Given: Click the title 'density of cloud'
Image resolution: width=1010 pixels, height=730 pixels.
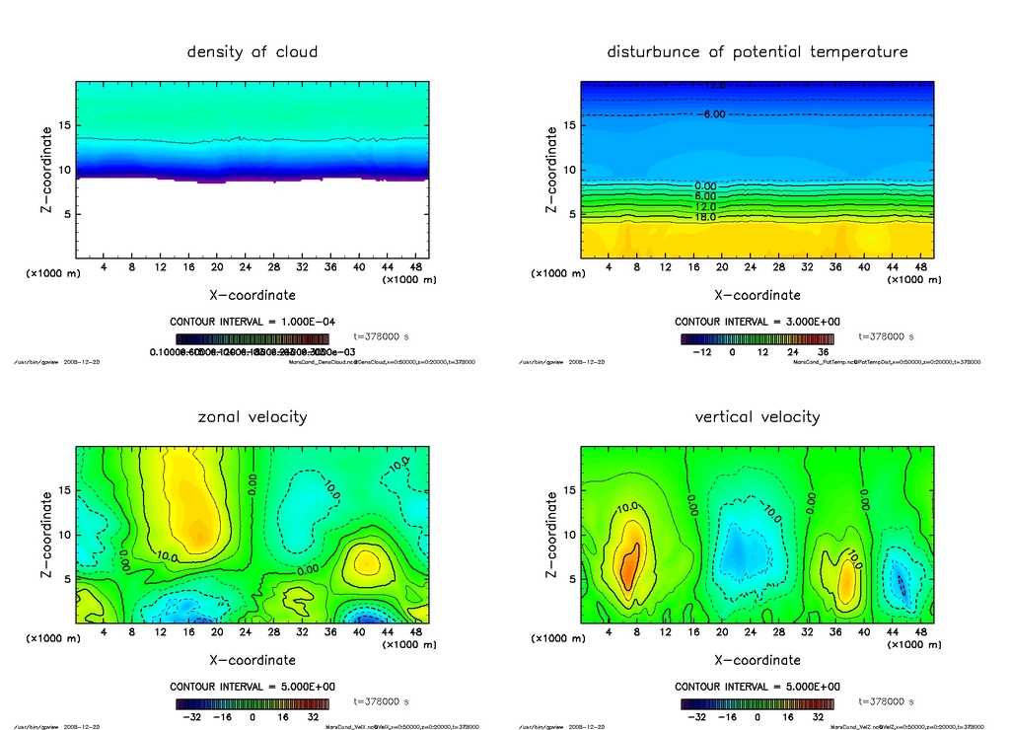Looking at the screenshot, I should coord(252,51).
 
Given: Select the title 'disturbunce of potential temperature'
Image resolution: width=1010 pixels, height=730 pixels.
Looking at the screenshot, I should coord(757,51).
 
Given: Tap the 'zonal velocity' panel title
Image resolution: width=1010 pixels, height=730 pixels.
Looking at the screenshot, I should coord(252,416).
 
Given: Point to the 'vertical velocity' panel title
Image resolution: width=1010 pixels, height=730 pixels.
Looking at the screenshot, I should coord(757,416).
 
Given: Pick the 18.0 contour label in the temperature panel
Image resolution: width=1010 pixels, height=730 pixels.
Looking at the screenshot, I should coord(705,217).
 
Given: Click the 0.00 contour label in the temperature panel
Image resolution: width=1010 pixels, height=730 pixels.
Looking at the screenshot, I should coord(705,185).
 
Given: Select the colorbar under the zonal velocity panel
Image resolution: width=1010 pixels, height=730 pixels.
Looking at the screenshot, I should coord(252,704).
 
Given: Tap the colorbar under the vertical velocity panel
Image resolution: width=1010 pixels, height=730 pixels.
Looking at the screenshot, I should coord(757,704).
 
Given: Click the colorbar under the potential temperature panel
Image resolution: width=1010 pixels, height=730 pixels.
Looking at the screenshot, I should coord(757,338).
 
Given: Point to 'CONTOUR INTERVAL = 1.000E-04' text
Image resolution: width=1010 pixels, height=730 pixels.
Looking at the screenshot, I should coord(252,323).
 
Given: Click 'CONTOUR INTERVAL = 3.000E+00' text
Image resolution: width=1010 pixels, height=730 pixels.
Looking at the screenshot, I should coord(757,323).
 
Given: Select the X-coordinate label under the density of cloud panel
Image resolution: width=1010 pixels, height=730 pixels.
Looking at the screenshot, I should coord(252,294).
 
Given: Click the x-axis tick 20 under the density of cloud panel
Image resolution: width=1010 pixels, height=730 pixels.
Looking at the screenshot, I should coord(217,267).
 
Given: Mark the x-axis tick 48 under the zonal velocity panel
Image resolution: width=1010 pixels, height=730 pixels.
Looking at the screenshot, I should coord(416,632).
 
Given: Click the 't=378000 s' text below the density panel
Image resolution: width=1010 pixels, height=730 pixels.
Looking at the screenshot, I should coord(381,336).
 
